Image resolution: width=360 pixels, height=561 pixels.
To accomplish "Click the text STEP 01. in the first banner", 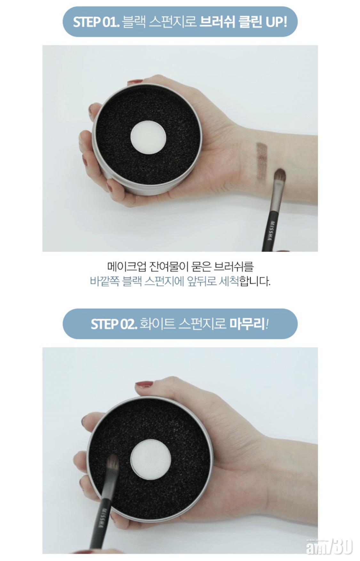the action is pos(96,22).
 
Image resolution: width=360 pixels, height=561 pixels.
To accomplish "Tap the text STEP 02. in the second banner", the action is pos(114,324).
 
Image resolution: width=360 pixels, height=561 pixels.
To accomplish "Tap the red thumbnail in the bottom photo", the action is pos(144,384).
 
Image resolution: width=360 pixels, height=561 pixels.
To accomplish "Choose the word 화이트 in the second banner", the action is pos(158,324).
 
